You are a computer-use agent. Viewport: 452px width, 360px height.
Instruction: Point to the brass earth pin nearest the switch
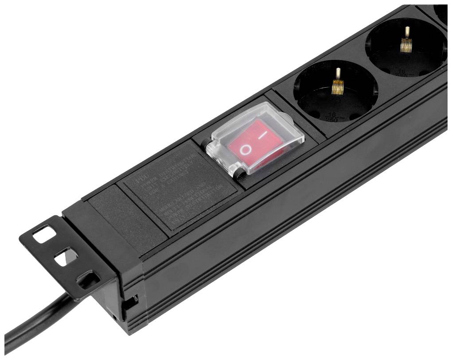[x=338, y=84]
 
